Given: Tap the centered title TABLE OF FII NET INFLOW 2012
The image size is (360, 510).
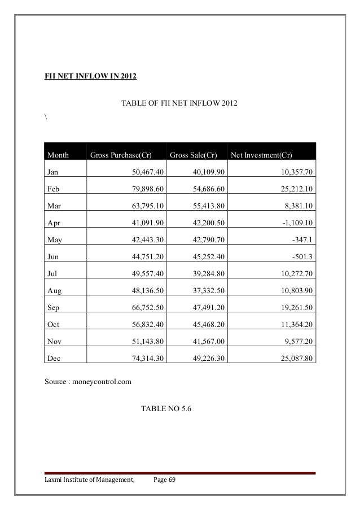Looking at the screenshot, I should click(179, 104).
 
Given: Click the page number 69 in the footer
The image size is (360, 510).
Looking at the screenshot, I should click(172, 480).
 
